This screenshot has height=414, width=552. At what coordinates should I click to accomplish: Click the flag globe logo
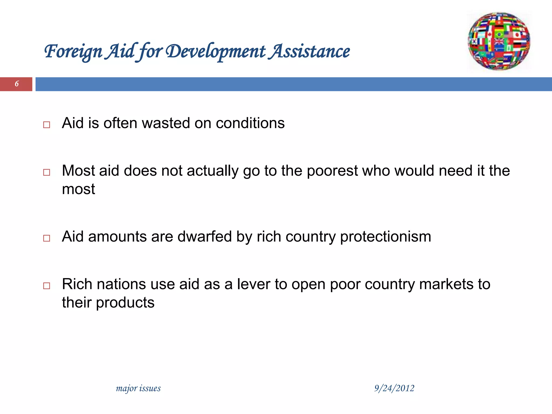499,42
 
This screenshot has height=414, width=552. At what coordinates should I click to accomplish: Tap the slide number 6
17,84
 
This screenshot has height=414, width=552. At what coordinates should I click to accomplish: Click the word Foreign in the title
73,51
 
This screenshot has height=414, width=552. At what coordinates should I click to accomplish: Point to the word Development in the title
216,51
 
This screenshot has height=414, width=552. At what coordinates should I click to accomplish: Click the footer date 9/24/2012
394,388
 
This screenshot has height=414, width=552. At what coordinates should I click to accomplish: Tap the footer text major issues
138,388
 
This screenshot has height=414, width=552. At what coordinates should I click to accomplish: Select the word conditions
250,123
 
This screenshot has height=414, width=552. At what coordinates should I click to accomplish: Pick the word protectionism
385,237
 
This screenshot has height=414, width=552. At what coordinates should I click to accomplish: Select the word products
125,303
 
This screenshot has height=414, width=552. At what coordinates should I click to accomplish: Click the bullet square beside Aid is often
47,125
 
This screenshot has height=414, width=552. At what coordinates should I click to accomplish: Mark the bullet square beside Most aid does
47,172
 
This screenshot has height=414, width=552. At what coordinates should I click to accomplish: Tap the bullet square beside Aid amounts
47,238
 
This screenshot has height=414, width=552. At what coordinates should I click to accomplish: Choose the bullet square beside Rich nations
47,286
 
